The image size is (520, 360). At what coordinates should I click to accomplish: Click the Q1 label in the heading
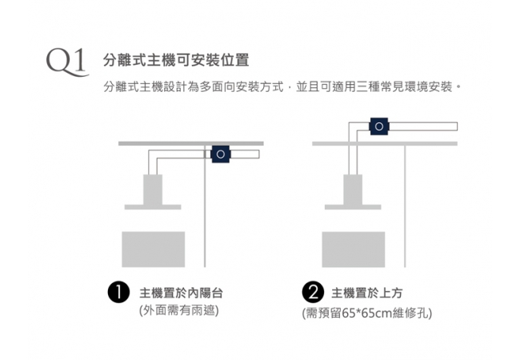click(x=66, y=62)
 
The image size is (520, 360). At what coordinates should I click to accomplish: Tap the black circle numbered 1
click(x=119, y=292)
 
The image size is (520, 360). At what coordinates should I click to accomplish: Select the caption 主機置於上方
click(x=373, y=293)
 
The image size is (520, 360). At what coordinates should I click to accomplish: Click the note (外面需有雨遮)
click(x=178, y=310)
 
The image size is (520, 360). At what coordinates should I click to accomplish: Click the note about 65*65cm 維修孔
click(x=366, y=313)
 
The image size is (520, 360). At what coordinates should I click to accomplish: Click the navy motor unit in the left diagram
click(x=220, y=154)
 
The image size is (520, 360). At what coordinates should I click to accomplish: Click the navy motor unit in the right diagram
click(x=379, y=126)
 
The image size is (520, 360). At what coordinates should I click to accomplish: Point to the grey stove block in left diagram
click(x=153, y=250)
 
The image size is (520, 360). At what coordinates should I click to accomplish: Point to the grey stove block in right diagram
click(x=352, y=250)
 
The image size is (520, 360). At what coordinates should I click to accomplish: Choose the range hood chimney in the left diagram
click(x=152, y=190)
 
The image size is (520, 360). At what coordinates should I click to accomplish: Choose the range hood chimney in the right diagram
click(x=352, y=190)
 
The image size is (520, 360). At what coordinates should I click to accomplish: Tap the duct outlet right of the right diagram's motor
click(x=424, y=126)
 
